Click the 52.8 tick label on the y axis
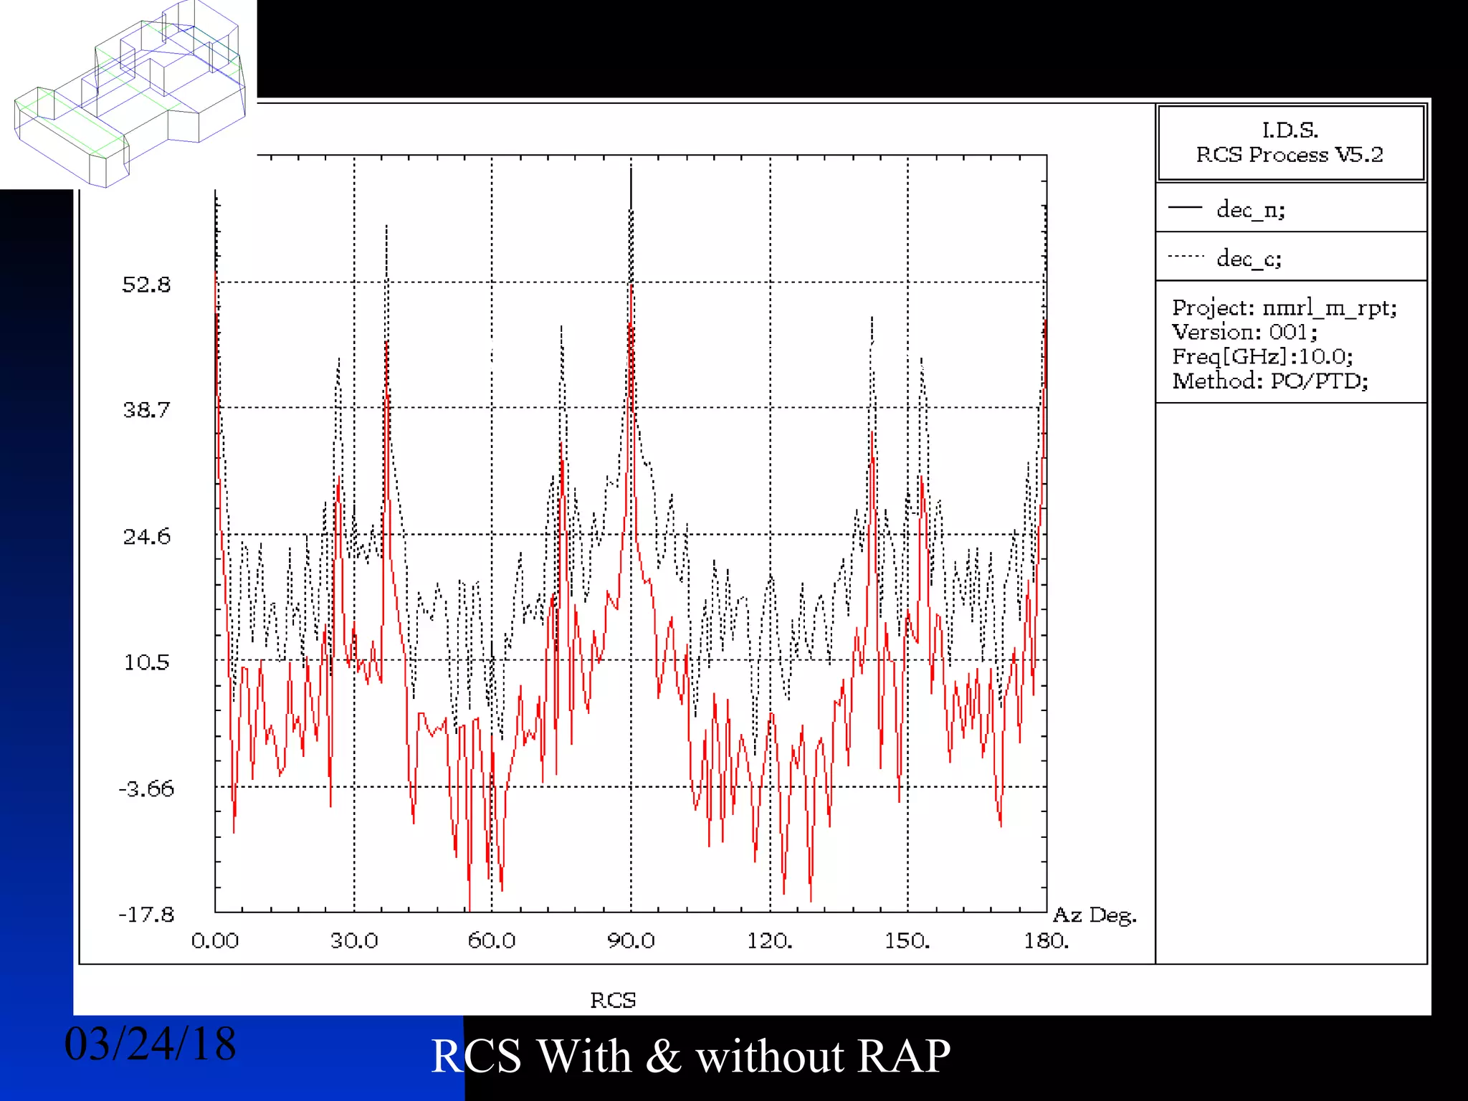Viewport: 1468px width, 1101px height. point(147,285)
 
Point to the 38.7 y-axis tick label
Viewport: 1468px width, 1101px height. point(147,410)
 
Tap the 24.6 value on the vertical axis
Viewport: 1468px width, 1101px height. point(147,536)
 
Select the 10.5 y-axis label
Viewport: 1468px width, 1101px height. point(147,662)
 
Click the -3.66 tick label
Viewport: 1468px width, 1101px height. point(146,789)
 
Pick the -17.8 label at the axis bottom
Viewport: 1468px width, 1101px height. point(146,915)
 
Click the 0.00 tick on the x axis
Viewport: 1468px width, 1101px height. point(215,940)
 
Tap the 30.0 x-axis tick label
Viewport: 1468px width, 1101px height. point(354,940)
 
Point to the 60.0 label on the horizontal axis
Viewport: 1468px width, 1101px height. point(492,940)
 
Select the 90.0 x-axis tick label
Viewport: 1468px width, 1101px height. point(631,940)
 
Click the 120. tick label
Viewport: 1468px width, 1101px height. point(770,940)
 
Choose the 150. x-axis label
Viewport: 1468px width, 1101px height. point(907,940)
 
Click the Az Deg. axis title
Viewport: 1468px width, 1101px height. point(1095,915)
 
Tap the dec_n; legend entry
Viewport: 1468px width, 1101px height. point(1251,209)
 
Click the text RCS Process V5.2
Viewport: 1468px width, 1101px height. point(1290,155)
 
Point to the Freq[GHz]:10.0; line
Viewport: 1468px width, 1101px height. point(1262,356)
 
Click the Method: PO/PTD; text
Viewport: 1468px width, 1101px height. point(1270,381)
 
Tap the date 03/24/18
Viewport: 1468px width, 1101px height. point(151,1044)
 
